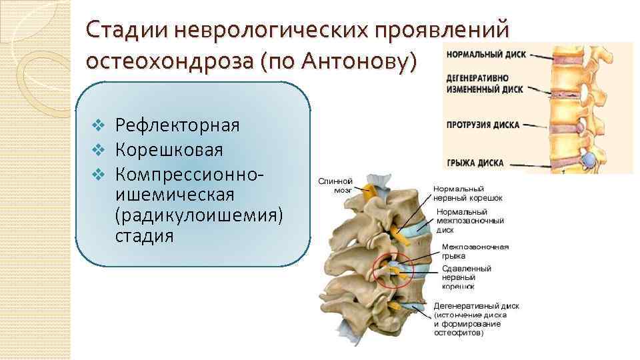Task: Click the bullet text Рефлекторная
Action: point(177,125)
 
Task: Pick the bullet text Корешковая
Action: point(169,149)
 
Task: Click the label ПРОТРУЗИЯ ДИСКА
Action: point(483,125)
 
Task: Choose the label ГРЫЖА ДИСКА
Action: point(475,163)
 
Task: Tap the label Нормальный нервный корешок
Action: point(467,193)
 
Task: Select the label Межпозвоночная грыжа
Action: point(475,251)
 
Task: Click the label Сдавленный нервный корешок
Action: point(466,277)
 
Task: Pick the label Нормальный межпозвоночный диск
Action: point(470,221)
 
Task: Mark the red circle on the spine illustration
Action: point(393,272)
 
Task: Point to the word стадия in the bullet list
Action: point(145,237)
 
